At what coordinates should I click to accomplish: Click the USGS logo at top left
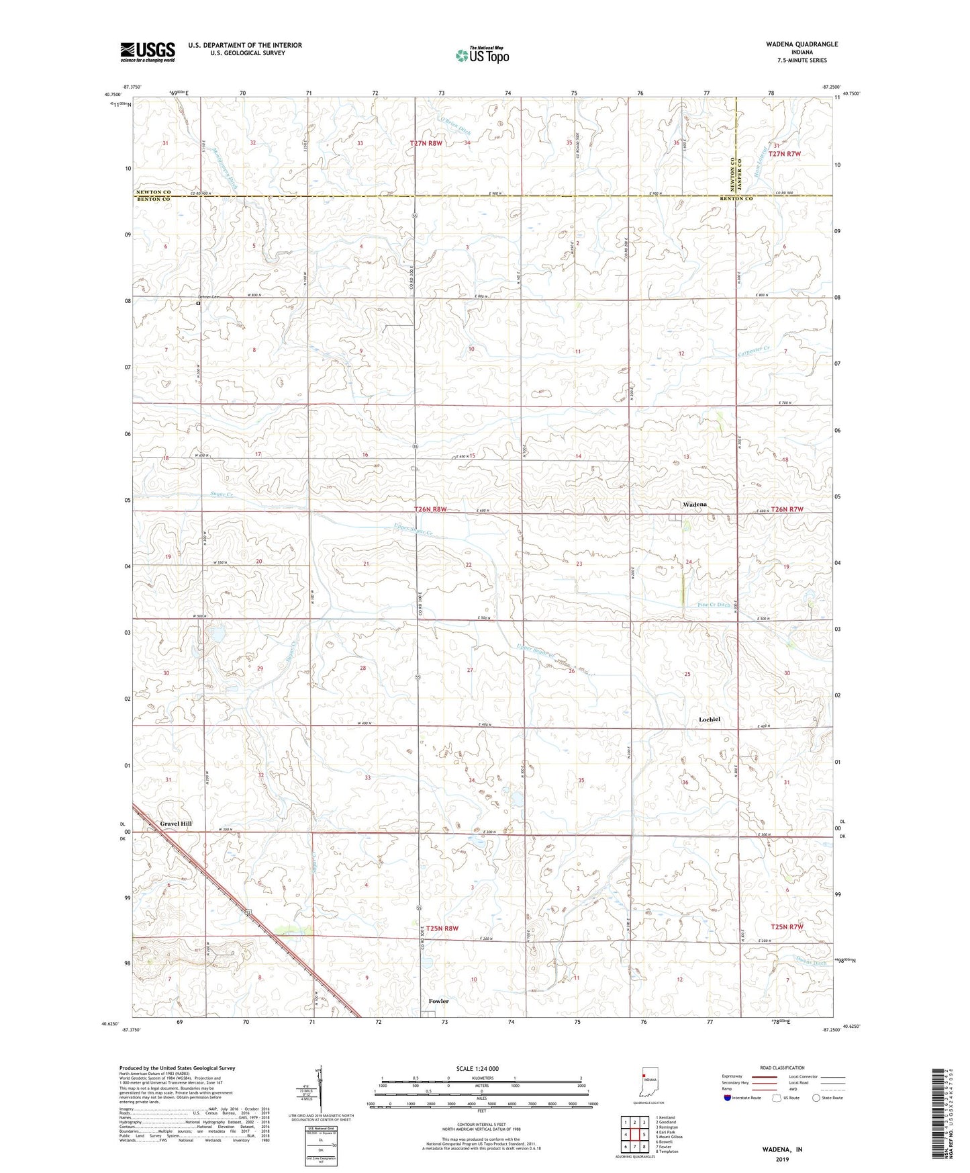pyautogui.click(x=148, y=52)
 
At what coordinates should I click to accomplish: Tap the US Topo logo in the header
pyautogui.click(x=481, y=55)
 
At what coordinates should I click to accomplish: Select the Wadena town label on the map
pyautogui.click(x=695, y=504)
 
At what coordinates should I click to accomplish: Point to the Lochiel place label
pyautogui.click(x=709, y=720)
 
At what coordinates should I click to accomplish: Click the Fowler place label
pyautogui.click(x=438, y=1001)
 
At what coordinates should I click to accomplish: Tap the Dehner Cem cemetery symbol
pyautogui.click(x=198, y=303)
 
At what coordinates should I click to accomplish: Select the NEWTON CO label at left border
pyautogui.click(x=154, y=191)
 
